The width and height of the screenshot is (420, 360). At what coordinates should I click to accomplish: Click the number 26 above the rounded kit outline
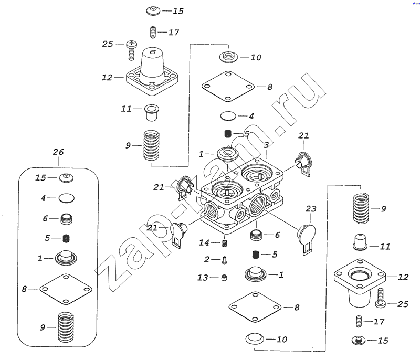click(x=58, y=152)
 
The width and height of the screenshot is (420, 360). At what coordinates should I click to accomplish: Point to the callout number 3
click(x=267, y=145)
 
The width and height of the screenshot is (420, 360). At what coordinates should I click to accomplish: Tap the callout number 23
click(x=311, y=209)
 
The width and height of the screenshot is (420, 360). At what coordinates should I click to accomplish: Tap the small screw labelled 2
click(x=224, y=259)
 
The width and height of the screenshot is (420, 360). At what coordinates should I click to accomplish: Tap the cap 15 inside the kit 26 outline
click(x=66, y=178)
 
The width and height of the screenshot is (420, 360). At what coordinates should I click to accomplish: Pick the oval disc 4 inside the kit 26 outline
click(x=67, y=198)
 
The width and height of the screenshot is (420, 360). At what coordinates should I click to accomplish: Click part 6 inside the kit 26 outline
click(x=66, y=217)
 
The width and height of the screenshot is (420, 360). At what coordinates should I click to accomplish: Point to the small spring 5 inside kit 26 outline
click(x=66, y=238)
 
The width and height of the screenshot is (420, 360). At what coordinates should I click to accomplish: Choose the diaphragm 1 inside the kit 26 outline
click(x=66, y=257)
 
